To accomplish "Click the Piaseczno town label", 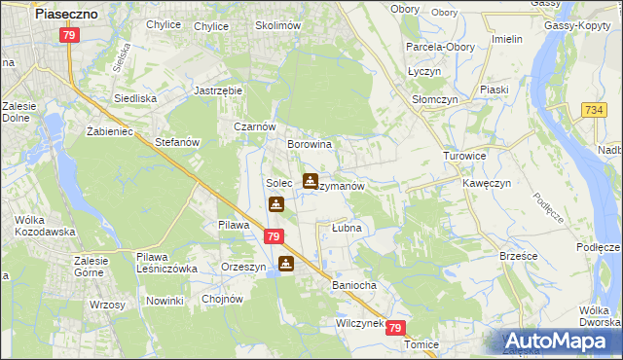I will [x=63, y=15].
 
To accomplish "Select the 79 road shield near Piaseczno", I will [x=68, y=35].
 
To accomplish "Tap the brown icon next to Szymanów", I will [x=310, y=181].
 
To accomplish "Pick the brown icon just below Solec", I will [x=276, y=204].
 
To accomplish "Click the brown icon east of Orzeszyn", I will [x=285, y=263].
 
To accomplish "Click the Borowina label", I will [x=310, y=144].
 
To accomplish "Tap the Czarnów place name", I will [x=255, y=126].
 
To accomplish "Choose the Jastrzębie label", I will [x=218, y=90].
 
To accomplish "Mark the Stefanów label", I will [x=177, y=142].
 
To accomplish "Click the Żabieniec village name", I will [x=108, y=130].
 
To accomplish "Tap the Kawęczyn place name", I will [x=487, y=183].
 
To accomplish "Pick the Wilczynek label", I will [x=361, y=322].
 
